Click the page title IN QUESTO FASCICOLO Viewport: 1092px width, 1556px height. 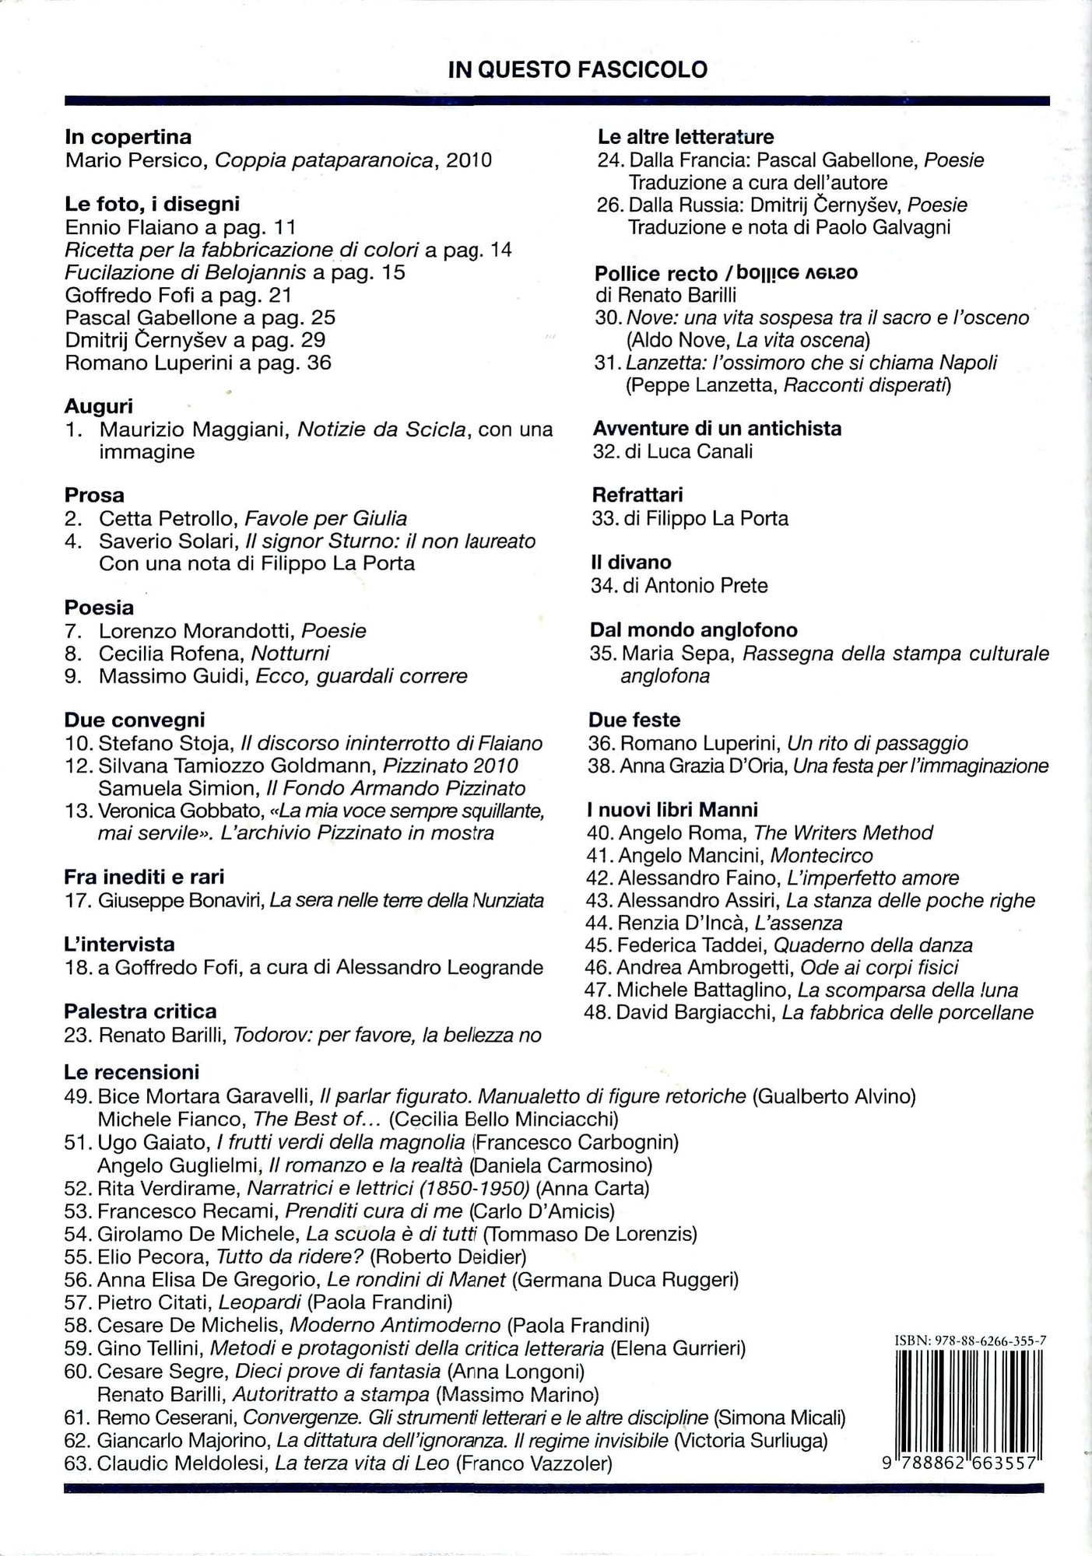578,70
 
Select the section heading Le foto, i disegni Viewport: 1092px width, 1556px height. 153,204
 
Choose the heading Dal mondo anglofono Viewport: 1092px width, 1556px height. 693,629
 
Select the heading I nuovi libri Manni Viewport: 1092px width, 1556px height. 672,809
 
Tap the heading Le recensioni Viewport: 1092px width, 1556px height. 132,1071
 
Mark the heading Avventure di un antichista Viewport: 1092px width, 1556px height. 717,428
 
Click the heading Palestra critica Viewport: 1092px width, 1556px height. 140,1011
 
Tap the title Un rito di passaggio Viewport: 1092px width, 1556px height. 877,743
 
